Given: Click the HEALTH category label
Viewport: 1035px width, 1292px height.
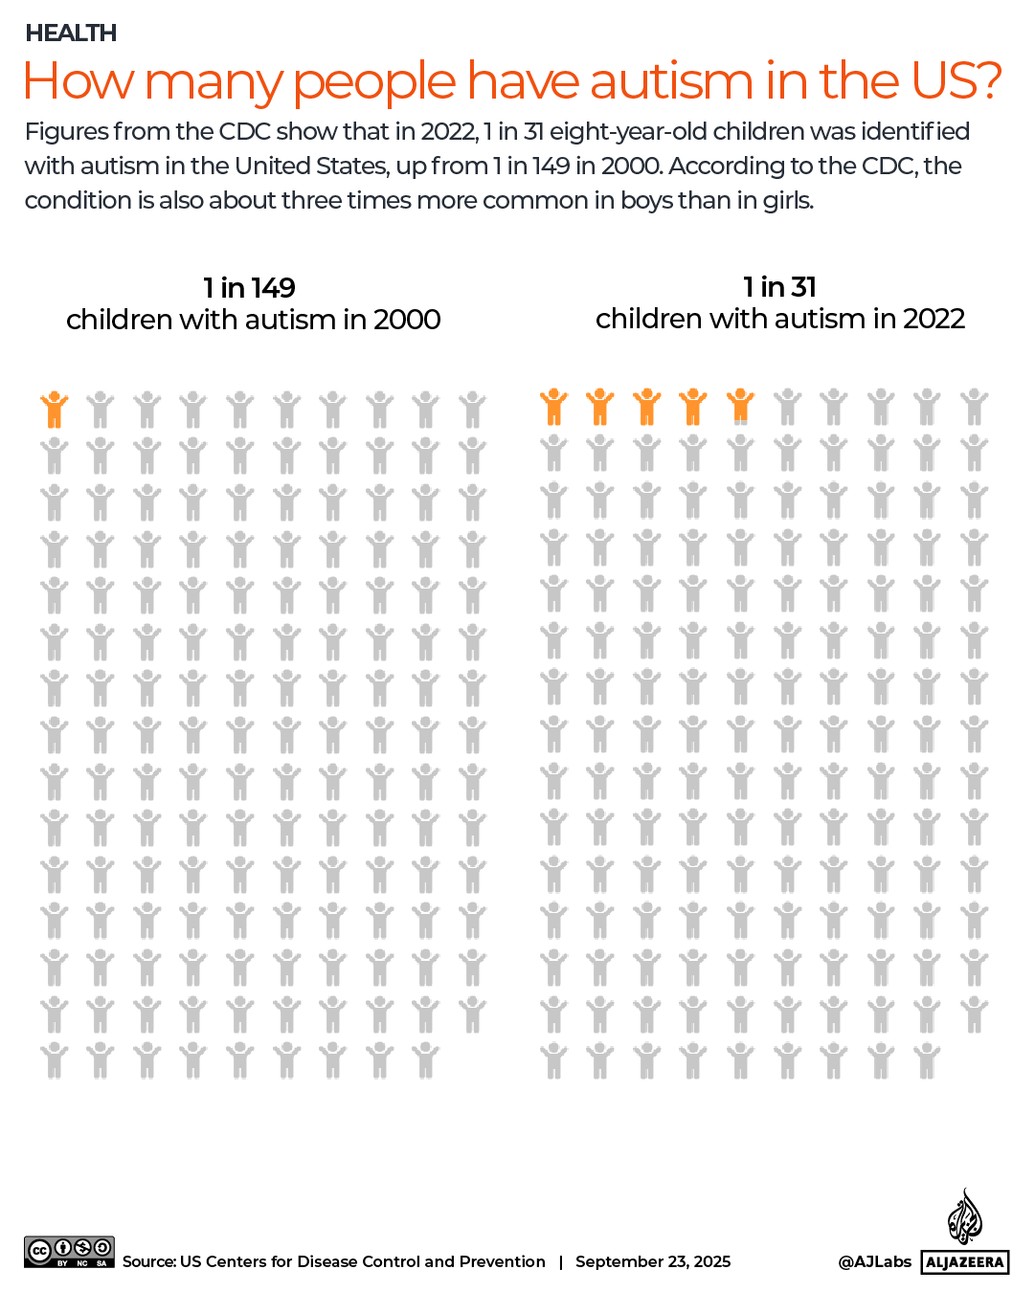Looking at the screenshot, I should (71, 33).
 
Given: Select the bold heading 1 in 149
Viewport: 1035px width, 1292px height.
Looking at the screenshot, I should (249, 287).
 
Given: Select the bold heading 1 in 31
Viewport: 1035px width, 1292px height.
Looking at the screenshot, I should (779, 286).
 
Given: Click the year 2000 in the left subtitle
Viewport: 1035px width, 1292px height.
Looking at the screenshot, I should (407, 320).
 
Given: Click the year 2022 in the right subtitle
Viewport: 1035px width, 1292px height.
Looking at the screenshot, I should (933, 319).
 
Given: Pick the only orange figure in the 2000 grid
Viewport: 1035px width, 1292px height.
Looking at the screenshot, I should (55, 410).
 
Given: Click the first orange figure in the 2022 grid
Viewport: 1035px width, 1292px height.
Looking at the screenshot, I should (553, 407).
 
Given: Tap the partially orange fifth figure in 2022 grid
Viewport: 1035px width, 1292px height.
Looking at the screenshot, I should (740, 407).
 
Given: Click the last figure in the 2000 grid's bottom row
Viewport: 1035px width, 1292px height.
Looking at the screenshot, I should (426, 1060).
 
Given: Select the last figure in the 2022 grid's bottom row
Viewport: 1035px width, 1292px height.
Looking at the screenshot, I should (927, 1060).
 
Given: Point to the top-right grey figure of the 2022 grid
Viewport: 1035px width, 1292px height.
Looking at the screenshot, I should (975, 407).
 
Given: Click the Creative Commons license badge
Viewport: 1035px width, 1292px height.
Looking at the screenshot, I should (69, 1252).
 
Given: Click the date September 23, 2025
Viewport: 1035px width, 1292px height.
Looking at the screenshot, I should (653, 1261).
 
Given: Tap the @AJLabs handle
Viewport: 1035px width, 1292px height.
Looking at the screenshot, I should (874, 1261).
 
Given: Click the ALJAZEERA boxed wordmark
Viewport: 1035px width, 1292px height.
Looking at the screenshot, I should (965, 1262).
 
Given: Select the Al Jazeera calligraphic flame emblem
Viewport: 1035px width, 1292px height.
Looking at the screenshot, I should (964, 1216).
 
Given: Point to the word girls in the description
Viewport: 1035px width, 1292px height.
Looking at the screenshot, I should (787, 201).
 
